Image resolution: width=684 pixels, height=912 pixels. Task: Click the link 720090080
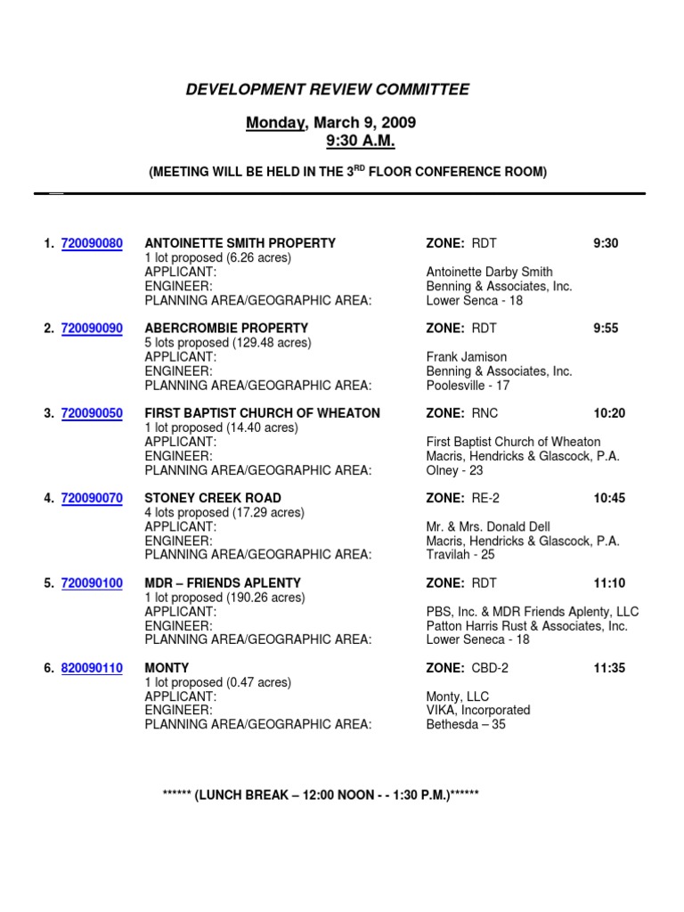tap(92, 243)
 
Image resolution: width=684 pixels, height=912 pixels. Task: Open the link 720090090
tap(92, 329)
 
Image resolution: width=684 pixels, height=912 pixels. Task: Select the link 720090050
tap(92, 413)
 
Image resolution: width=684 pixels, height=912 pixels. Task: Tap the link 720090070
tap(92, 499)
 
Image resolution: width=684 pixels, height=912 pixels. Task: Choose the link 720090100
tap(92, 583)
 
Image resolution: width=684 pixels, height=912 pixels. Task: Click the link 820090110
tap(92, 668)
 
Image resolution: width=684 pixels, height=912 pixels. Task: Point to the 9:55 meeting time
tap(606, 329)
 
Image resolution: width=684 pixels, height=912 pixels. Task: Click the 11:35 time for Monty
tap(609, 668)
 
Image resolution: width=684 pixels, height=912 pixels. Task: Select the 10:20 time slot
tap(609, 413)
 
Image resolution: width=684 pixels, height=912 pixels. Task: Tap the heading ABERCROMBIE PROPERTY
tap(226, 329)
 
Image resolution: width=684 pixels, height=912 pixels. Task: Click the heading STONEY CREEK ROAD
tap(213, 499)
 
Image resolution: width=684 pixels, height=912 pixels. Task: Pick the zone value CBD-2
tap(490, 668)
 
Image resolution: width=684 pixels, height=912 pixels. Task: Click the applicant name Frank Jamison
tap(466, 357)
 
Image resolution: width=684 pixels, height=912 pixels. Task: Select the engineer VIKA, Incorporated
tap(478, 711)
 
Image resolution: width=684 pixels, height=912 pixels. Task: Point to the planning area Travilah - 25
tap(460, 555)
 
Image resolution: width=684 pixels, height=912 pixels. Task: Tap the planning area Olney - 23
tap(454, 470)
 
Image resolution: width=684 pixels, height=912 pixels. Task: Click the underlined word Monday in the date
tap(276, 122)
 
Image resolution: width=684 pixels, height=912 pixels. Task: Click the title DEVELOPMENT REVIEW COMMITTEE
tap(327, 90)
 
